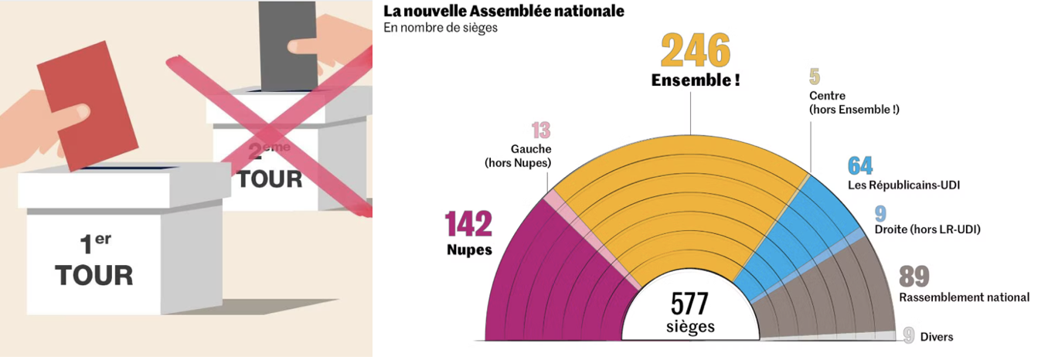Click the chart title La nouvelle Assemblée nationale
pyautogui.click(x=503, y=12)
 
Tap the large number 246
pyautogui.click(x=695, y=53)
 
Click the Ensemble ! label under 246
pyautogui.click(x=695, y=80)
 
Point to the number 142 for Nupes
pyautogui.click(x=468, y=225)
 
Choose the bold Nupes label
pyautogui.click(x=468, y=250)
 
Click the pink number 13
pyautogui.click(x=540, y=131)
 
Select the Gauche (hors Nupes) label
pyautogui.click(x=517, y=155)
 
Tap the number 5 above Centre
pyautogui.click(x=814, y=76)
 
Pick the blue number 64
pyautogui.click(x=859, y=165)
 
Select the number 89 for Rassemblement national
pyautogui.click(x=914, y=277)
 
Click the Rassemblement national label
pyautogui.click(x=964, y=297)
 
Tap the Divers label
pyautogui.click(x=936, y=337)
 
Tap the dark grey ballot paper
pyautogui.click(x=288, y=46)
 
